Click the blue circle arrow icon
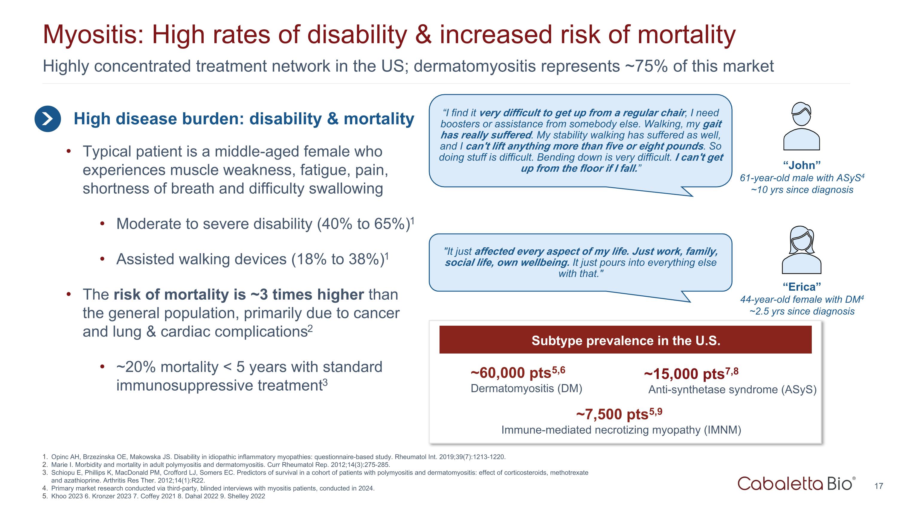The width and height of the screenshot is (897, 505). (48, 119)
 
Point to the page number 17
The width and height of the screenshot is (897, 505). (878, 486)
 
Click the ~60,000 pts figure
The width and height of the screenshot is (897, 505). (518, 373)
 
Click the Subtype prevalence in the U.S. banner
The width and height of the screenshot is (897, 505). (626, 340)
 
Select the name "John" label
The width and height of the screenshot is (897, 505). (802, 165)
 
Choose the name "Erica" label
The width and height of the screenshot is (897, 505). (802, 287)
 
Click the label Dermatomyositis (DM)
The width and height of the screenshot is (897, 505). (526, 388)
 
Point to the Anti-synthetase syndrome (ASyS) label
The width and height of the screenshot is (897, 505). (732, 389)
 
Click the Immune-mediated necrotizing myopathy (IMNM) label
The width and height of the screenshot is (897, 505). (621, 430)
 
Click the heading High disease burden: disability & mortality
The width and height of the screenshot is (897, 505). (244, 119)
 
